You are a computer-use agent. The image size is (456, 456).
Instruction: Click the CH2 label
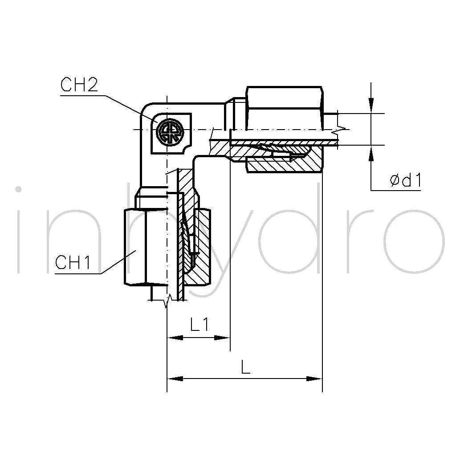[79, 85]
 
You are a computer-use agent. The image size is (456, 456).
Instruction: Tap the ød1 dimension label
[406, 180]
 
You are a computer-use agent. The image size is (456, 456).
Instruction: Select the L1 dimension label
[199, 324]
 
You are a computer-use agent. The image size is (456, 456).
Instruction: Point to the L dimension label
[246, 366]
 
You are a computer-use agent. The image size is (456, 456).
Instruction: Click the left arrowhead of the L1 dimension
[175, 338]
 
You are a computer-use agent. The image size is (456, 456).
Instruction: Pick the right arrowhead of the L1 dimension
[222, 338]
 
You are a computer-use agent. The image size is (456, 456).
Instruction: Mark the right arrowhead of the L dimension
[314, 379]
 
